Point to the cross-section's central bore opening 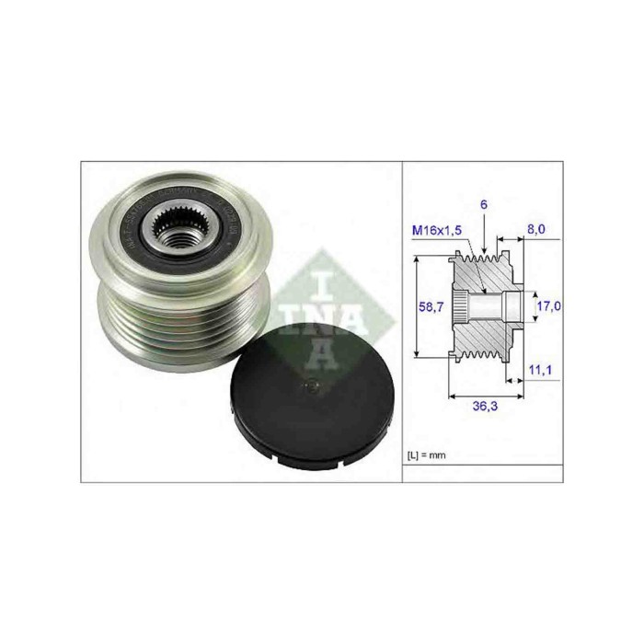pos(510,305)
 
